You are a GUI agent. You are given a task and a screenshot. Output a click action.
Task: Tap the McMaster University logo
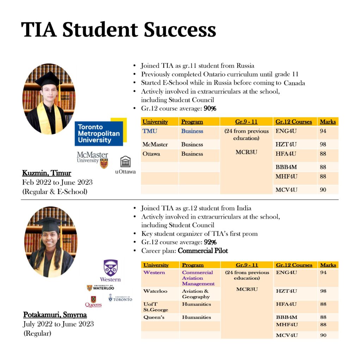tap(93, 159)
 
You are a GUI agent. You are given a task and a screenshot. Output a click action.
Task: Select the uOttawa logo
tap(125, 165)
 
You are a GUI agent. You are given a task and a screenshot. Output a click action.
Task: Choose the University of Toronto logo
tap(120, 298)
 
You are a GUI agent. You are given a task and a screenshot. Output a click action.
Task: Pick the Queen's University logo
tap(93, 301)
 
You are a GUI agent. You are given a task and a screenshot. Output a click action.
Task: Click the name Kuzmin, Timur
tap(47, 173)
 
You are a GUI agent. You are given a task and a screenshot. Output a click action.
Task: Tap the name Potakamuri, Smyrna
tap(55, 315)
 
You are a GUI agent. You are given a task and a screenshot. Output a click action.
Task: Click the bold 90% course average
tap(210, 109)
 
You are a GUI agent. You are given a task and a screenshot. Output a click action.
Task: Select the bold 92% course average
tap(210, 242)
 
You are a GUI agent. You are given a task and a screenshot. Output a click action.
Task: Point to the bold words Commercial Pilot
tap(203, 251)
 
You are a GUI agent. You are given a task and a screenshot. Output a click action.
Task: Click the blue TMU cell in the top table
tap(150, 131)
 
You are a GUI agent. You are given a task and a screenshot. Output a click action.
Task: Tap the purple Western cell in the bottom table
tap(154, 273)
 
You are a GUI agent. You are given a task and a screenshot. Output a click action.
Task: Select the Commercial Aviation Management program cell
tap(198, 278)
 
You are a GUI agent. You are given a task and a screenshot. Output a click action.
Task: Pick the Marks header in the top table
tap(328, 122)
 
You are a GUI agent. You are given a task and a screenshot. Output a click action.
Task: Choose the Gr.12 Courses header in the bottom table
tap(294, 265)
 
